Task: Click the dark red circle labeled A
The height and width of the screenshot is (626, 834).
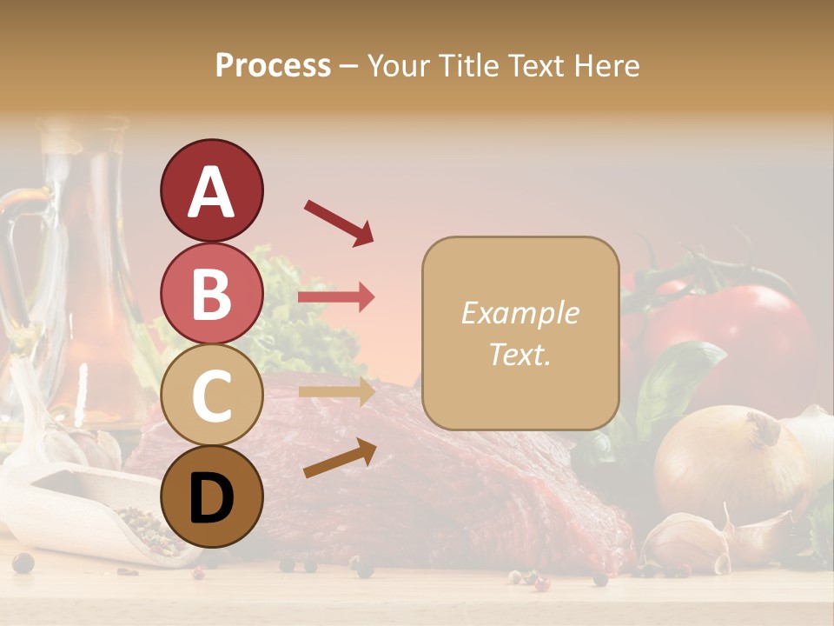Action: [211, 190]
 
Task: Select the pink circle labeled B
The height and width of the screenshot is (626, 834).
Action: [211, 294]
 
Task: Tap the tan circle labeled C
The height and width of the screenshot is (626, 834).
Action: [211, 395]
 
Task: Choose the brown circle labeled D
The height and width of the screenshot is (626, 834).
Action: [211, 496]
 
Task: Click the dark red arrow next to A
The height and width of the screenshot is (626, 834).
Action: [339, 222]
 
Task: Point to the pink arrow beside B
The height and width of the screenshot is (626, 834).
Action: [336, 297]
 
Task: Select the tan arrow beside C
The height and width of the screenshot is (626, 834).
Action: [336, 391]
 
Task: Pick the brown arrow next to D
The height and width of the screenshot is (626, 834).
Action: [340, 458]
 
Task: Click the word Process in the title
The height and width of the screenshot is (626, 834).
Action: [273, 65]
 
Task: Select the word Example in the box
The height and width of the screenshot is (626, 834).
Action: [520, 313]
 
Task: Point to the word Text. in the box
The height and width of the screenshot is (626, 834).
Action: [520, 355]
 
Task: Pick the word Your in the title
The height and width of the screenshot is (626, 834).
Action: [400, 65]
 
